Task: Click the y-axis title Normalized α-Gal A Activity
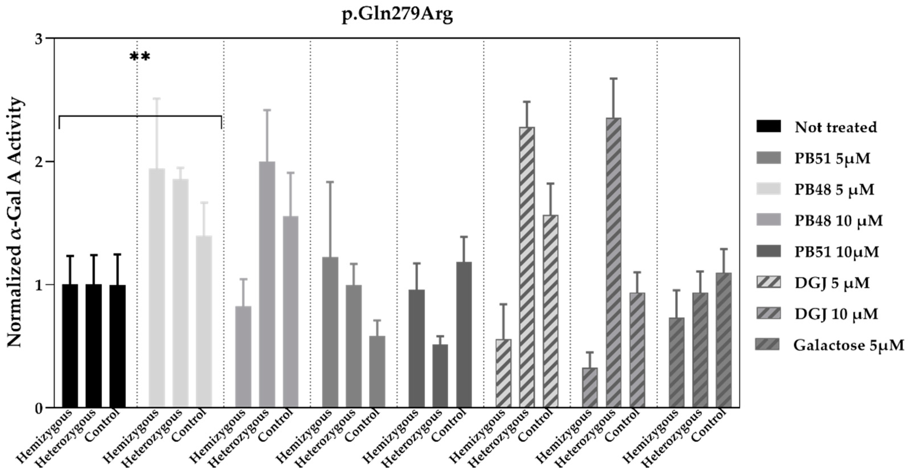click(x=16, y=223)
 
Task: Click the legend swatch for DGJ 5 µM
click(x=768, y=283)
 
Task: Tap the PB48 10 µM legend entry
click(x=838, y=221)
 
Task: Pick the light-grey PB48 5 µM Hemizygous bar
click(x=156, y=288)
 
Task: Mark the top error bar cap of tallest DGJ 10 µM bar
click(x=614, y=79)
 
